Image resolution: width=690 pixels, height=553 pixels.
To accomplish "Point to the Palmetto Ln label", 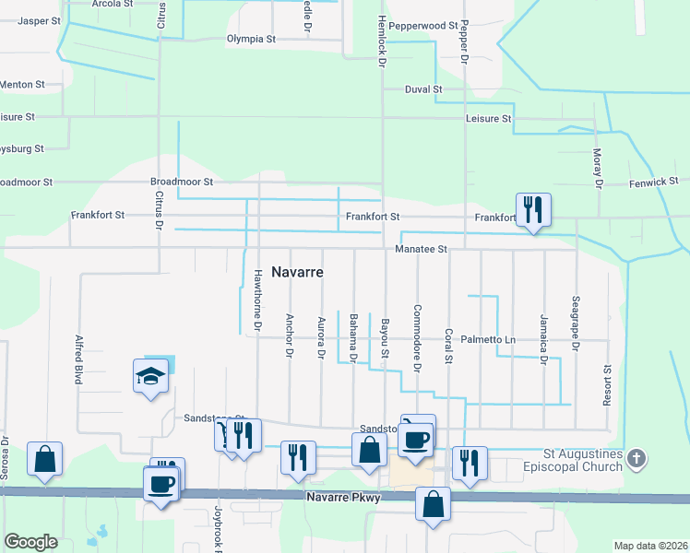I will coord(488,340).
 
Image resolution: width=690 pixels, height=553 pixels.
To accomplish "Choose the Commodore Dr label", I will coord(417,339).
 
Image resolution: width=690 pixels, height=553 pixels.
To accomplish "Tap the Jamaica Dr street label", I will coord(544,338).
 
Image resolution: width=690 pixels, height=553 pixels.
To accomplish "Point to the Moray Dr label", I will coord(597,169).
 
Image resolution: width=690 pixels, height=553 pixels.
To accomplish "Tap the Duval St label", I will coord(424,89).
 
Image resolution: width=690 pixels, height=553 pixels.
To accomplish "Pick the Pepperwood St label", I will coord(423,26).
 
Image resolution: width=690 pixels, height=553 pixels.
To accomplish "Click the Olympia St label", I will coord(251,40).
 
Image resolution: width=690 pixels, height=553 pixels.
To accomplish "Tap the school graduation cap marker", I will coord(150,376).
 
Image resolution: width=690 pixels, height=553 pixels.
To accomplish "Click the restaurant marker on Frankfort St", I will coord(532,210).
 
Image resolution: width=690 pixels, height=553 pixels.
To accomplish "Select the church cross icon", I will coord(636,459).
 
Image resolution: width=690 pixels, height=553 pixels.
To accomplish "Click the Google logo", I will coord(31,541).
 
